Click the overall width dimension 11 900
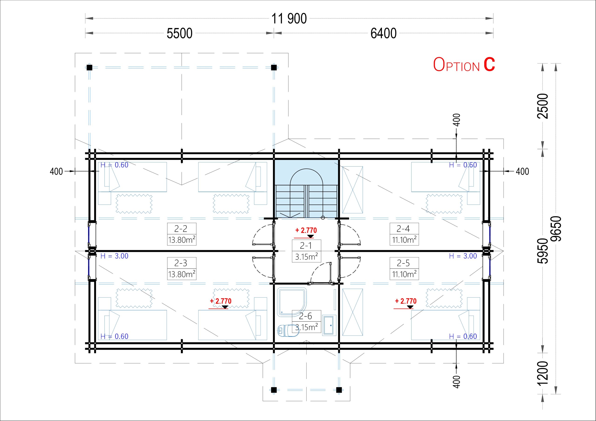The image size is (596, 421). coord(289,19)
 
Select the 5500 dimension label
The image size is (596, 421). coord(179,33)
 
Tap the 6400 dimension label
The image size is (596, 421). coord(383,33)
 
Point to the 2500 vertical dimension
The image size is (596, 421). coord(542,106)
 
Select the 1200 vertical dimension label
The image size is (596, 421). coord(542,373)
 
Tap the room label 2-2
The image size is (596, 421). coord(181,229)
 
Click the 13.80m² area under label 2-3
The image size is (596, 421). coord(182,274)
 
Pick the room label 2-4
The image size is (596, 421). coord(403,229)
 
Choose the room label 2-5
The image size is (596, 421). coord(403,263)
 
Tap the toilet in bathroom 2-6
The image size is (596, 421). coord(288,331)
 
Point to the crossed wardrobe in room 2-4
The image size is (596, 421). coord(352,190)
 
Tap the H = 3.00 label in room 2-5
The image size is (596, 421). coord(463,256)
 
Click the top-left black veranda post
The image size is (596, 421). coord(89,67)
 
